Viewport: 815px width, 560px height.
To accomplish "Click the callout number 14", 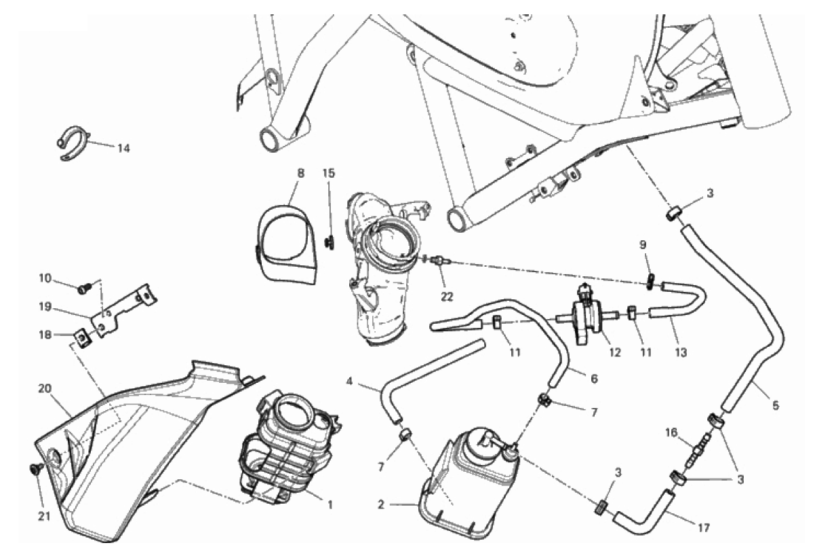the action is [123, 148].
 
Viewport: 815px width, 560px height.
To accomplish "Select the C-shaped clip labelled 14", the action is [74, 143].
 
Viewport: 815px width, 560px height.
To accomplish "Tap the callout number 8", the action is [300, 173].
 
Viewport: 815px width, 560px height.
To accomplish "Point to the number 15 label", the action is [329, 173].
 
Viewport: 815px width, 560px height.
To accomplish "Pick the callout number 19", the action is [45, 307].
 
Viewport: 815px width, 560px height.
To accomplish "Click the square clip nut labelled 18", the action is [83, 340].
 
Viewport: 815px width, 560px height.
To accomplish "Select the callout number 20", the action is [45, 389].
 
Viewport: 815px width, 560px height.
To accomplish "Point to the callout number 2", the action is [381, 505].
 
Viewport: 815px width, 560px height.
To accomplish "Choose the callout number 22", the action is [446, 297].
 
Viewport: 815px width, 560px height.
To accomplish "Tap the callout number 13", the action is [681, 352].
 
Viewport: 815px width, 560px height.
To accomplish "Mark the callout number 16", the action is [671, 433].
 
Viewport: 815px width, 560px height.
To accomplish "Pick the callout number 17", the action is [704, 528].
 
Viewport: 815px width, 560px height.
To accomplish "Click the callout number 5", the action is [776, 405].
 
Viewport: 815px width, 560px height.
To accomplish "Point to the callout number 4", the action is [349, 382].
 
